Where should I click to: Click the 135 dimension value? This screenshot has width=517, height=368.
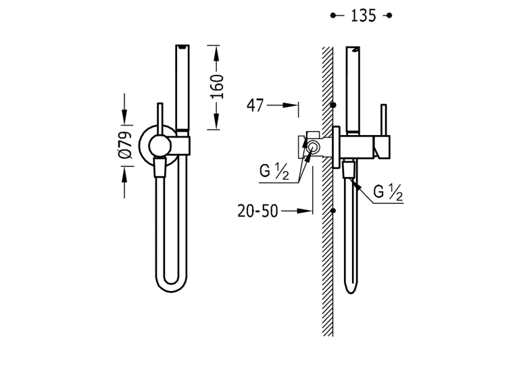[363, 16]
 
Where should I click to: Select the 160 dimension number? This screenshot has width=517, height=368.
[217, 86]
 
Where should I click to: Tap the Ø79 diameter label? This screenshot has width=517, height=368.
[126, 145]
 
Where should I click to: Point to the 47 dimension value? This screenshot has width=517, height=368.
[255, 105]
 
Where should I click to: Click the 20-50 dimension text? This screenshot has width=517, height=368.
[258, 211]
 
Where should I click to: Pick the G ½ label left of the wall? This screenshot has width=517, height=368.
[274, 172]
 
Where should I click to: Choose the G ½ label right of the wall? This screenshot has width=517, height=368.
[388, 192]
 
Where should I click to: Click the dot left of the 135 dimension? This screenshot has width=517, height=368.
[333, 16]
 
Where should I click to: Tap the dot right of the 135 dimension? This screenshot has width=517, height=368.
[389, 16]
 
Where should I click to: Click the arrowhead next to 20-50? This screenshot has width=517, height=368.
[304, 211]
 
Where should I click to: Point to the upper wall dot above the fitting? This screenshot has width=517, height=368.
[333, 105]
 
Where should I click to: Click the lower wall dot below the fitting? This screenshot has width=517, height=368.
[333, 210]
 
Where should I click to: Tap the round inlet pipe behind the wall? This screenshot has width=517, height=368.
[312, 147]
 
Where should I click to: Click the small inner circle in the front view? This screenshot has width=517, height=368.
[159, 145]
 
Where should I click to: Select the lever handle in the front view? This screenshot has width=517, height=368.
[160, 119]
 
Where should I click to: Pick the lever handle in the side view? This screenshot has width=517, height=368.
[383, 120]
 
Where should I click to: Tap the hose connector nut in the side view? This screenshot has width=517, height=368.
[349, 169]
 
